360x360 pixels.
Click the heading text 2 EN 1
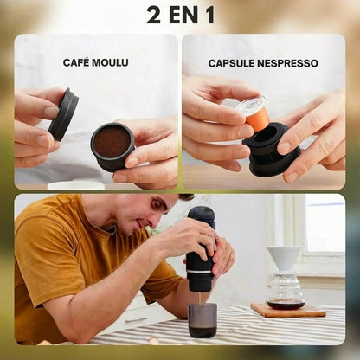click(180, 15)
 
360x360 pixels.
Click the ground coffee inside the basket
click(112, 141)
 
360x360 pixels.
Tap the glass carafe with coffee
click(286, 292)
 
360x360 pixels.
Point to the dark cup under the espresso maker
click(202, 318)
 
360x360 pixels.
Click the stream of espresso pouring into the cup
click(202, 297)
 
